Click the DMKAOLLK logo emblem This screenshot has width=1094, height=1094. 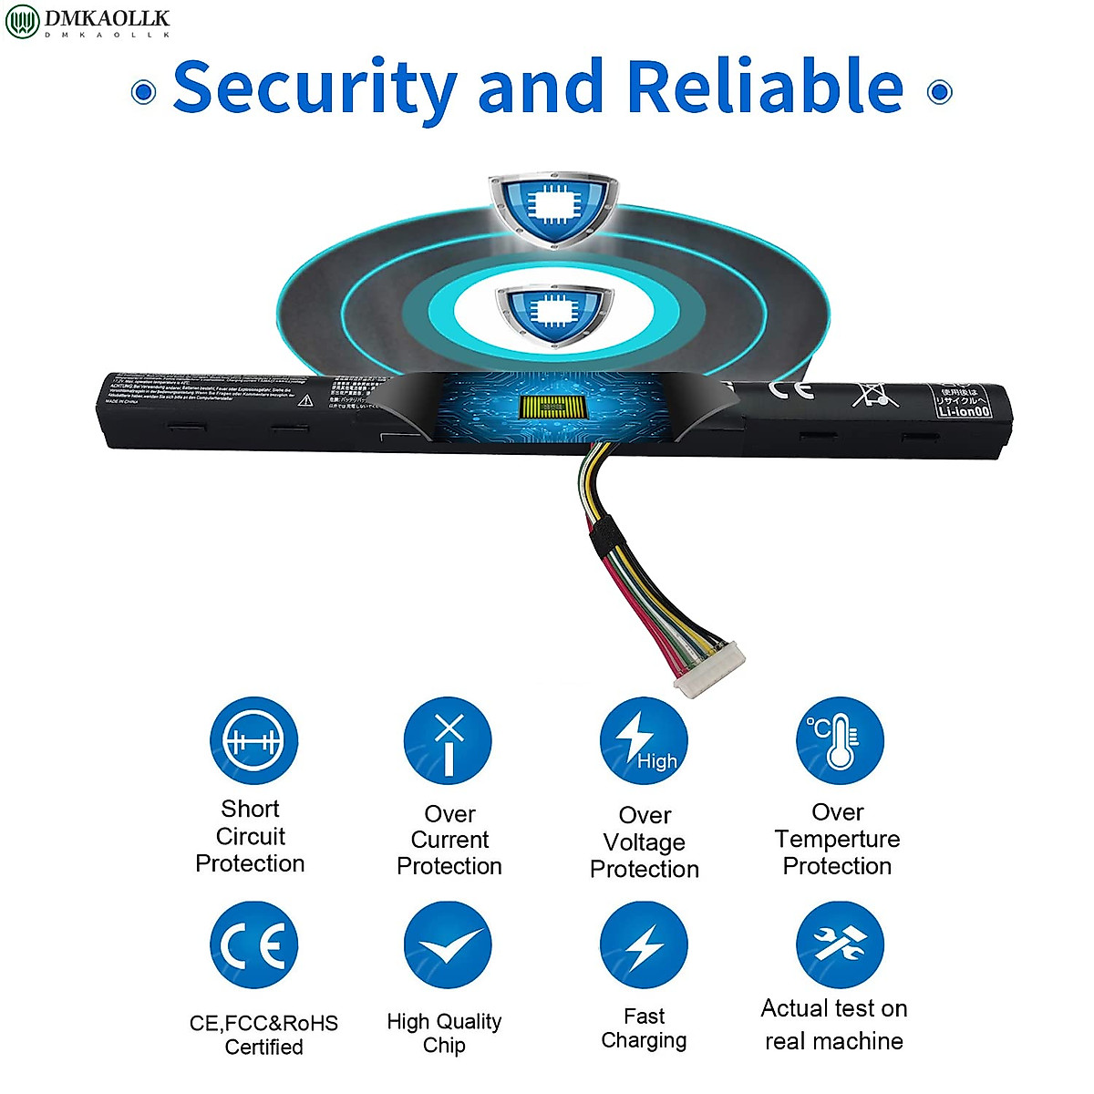pos(22,21)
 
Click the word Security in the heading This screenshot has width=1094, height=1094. pos(315,88)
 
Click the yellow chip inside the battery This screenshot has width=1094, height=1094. pos(551,408)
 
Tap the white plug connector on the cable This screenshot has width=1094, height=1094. pos(709,669)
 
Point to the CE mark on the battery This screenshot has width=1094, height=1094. pos(790,390)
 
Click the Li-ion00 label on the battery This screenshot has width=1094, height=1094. pos(964,411)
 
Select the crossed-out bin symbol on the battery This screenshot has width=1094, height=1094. pos(872,393)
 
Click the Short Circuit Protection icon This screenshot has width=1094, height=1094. pos(253,741)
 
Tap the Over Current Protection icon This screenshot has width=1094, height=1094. pos(448,741)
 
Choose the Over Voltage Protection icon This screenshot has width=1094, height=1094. pos(644,741)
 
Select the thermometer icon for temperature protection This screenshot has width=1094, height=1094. pos(840,741)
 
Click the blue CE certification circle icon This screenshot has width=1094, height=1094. pos(253,945)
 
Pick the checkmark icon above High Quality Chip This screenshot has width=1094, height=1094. pos(448,945)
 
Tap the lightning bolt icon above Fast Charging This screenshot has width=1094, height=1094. pos(644,945)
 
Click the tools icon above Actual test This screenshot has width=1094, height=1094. pos(840,945)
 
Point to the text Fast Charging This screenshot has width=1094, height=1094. pos(644,1028)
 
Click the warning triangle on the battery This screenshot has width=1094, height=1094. pos(306,399)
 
